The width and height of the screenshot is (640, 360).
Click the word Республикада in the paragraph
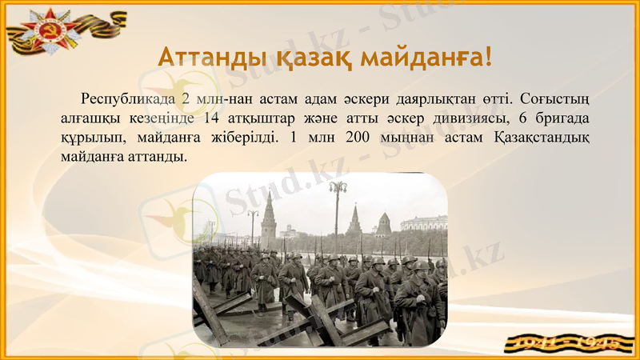(x=126, y=100)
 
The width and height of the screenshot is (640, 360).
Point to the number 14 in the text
(x=211, y=118)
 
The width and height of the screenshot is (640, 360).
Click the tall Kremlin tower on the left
(x=268, y=216)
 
